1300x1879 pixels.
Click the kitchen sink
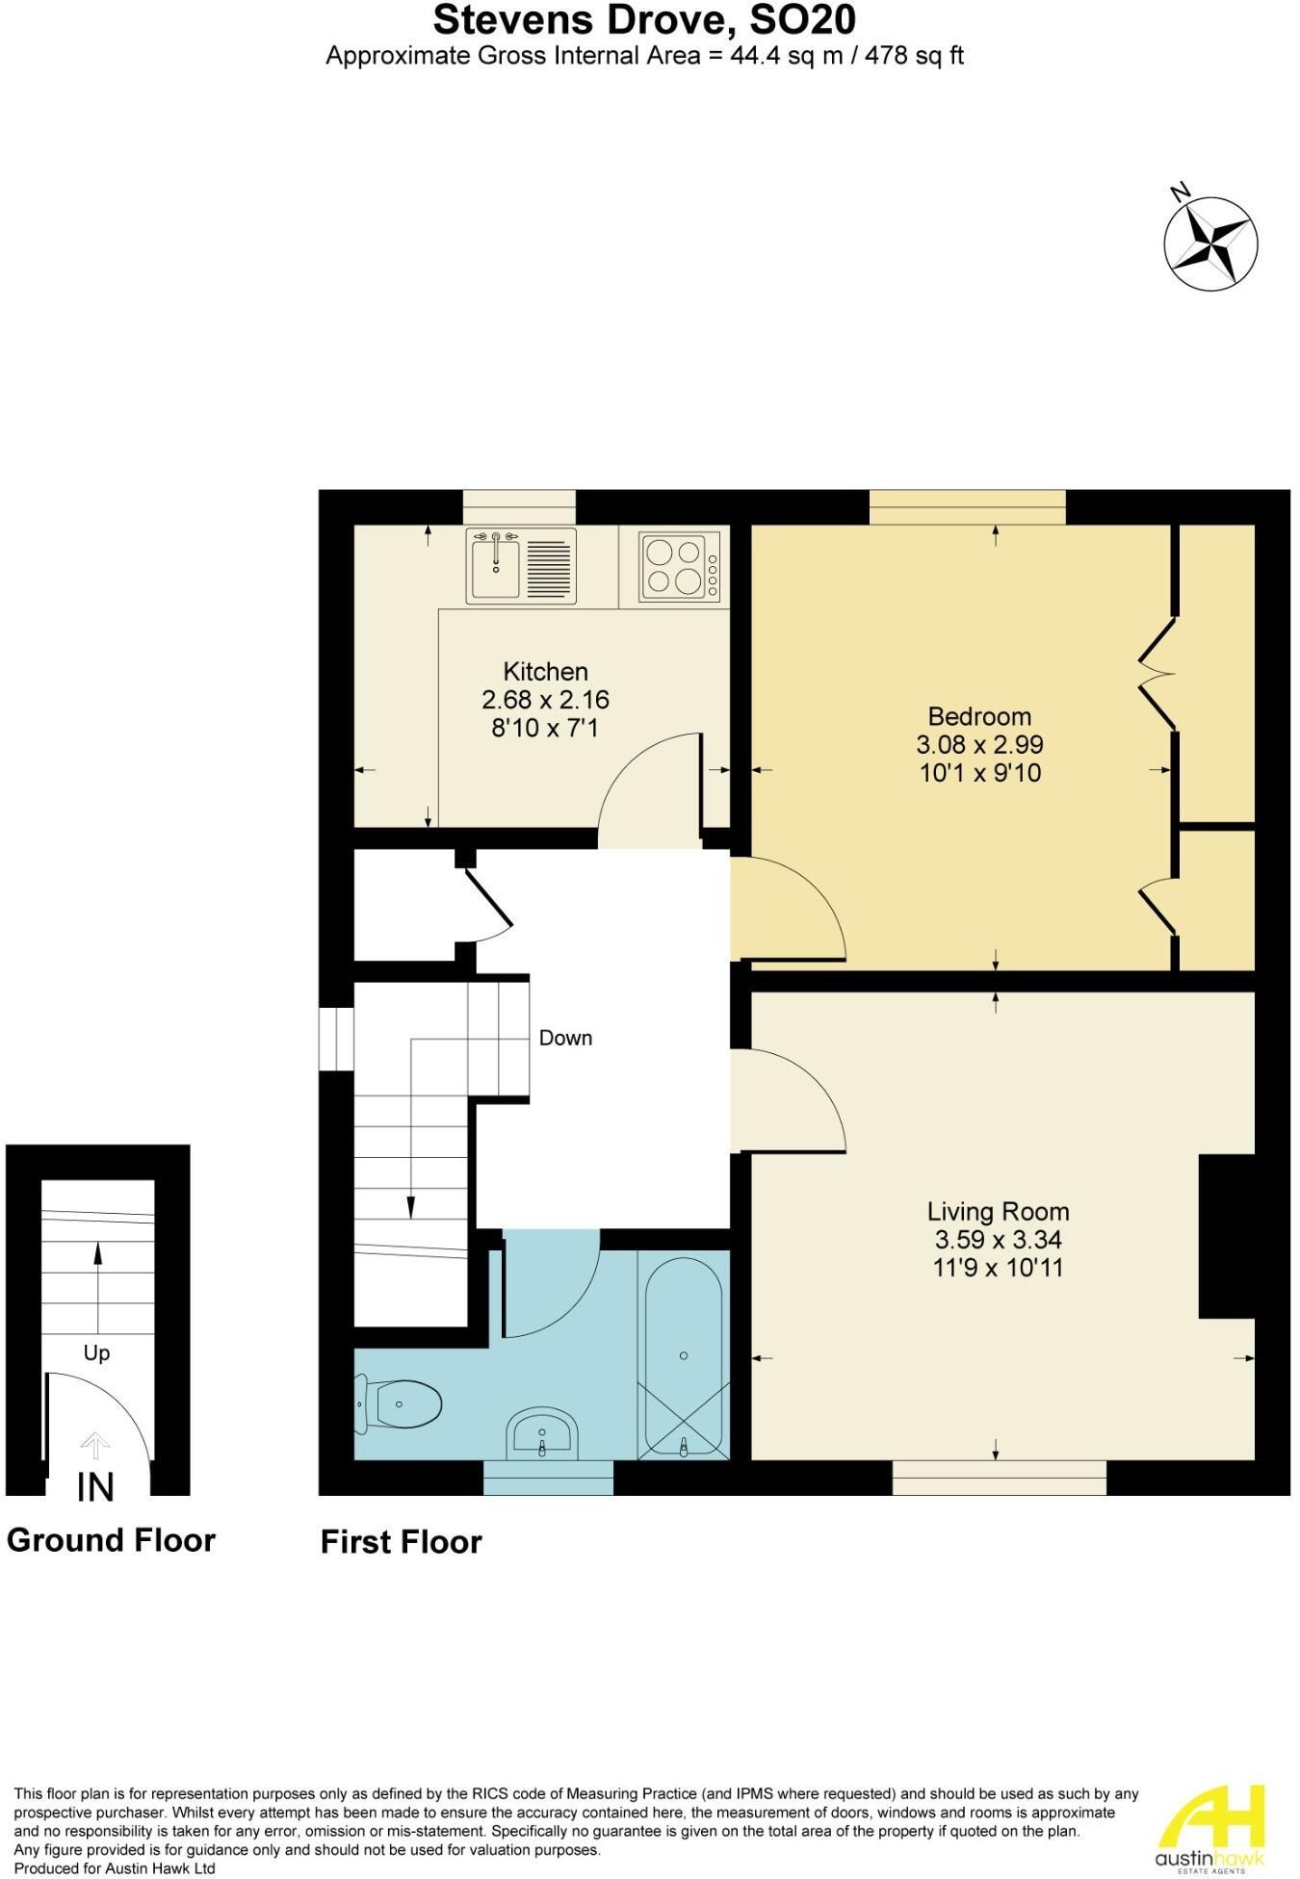pos(521,566)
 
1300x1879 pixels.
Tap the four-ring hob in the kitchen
pos(679,567)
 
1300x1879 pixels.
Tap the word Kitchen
pos(545,672)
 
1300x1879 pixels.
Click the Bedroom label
pos(979,716)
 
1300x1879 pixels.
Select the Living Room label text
pos(998,1212)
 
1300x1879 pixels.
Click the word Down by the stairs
pos(565,1038)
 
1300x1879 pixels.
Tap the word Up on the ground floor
pos(96,1353)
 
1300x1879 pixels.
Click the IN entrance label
pos(95,1487)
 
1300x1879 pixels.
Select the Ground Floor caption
pos(111,1540)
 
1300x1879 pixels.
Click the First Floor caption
pos(401,1542)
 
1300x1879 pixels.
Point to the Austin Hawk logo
pos(1209,1826)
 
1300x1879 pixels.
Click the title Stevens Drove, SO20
pos(644,19)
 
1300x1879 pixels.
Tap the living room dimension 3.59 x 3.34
pos(998,1240)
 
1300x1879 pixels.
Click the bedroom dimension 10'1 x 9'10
pos(979,773)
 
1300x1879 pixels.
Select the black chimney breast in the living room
pos(1227,1236)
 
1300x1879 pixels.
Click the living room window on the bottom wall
pos(999,1478)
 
